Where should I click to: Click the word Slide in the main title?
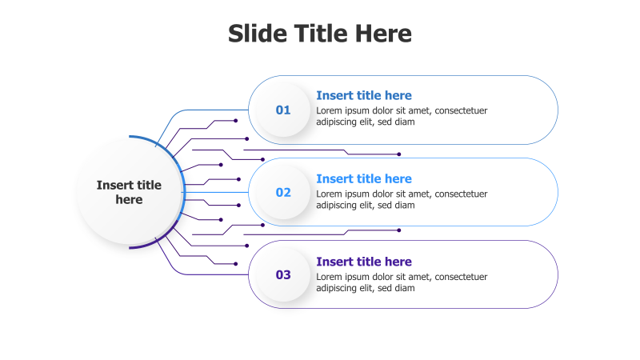coord(258,34)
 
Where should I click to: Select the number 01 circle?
coord(283,110)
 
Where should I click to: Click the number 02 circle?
coord(283,192)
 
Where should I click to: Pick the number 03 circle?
coord(283,274)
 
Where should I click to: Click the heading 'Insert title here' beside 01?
coord(364,95)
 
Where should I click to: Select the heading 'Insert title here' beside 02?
coord(364,178)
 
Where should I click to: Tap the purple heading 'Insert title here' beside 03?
coord(364,262)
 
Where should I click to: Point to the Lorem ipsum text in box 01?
coord(402,116)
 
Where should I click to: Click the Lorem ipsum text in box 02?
coord(402,199)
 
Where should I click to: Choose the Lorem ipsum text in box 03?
coord(402,282)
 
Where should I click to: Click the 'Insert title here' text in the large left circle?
coord(129,192)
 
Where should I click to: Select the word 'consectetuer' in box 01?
coord(462,110)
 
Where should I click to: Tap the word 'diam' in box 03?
coord(406,288)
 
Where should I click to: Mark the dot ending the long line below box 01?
coord(399,154)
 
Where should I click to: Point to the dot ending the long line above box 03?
coord(399,230)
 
